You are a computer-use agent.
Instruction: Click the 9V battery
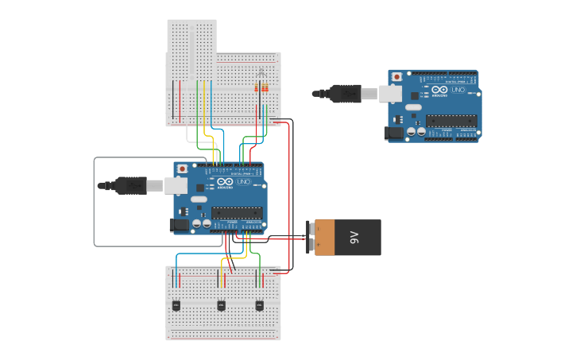[348, 238]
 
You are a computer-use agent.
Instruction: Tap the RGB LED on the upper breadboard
[261, 74]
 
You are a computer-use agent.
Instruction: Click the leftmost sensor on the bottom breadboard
[176, 305]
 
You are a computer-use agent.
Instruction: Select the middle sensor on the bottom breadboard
[221, 305]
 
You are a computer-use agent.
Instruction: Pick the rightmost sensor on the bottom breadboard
[259, 305]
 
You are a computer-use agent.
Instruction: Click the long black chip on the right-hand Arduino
[451, 121]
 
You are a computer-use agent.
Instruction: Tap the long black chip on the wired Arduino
[237, 212]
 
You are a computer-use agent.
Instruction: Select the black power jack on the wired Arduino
[180, 226]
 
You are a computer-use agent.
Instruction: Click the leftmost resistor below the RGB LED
[256, 87]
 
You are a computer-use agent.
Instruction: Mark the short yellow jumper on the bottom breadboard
[222, 278]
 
